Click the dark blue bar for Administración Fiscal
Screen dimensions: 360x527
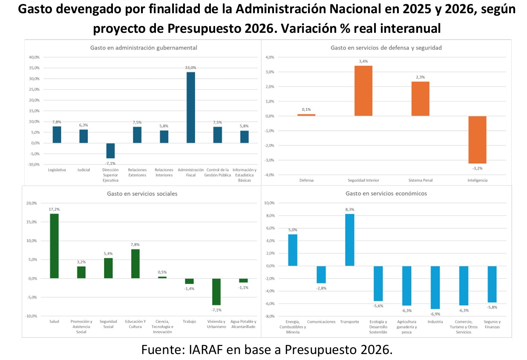191,107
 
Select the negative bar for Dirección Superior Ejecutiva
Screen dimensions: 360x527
110,151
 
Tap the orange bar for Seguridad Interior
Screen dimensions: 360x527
363,91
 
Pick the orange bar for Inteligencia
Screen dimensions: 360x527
477,140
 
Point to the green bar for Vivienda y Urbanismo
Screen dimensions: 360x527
216,291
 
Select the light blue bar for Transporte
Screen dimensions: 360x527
350,240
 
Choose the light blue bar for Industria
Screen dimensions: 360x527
435,287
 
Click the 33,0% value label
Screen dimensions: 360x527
190,68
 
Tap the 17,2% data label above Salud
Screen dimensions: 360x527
54,210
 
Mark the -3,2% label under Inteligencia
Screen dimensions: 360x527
477,168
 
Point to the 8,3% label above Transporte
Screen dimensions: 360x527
350,210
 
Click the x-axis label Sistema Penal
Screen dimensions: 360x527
420,180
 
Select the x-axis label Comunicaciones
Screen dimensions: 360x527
321,322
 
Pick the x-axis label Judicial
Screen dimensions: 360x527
84,170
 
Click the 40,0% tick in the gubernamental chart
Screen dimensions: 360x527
34,57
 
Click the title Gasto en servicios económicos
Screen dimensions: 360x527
386,193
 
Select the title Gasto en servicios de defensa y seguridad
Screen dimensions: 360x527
386,48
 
